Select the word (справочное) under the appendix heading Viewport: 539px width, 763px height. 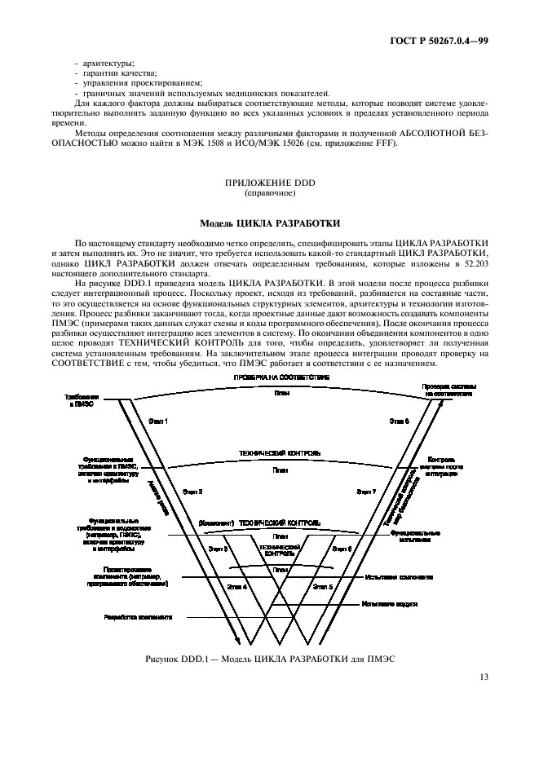click(269, 195)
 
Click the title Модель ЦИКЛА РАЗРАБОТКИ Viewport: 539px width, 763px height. click(269, 223)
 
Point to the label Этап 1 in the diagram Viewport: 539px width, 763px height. click(158, 421)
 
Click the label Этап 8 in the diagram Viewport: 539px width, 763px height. click(399, 421)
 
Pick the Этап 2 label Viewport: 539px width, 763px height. click(192, 492)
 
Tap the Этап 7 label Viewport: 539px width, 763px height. click(366, 492)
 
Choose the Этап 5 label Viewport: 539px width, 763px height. click(323, 586)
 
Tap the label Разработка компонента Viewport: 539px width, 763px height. click(138, 617)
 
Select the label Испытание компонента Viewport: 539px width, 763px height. click(399, 577)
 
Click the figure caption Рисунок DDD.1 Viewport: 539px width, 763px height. click(269, 658)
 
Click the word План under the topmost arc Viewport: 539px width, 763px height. click(281, 392)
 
